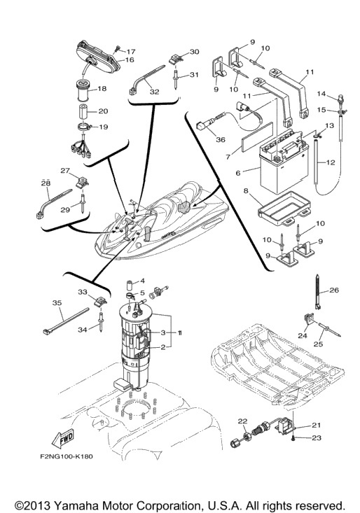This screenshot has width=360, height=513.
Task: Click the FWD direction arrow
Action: pos(63,439)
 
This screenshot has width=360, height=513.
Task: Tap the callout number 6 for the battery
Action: pos(238,172)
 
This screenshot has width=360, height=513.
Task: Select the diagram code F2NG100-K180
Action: pos(67,456)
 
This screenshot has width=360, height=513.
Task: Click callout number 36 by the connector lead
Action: pos(221,139)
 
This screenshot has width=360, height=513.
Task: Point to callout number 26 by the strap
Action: pos(334,290)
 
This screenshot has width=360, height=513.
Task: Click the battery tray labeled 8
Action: pos(285,208)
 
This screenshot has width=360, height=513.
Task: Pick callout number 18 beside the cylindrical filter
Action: pos(102,88)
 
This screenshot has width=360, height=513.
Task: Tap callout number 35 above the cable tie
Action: pos(57,303)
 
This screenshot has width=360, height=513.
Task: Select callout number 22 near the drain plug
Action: pos(242,421)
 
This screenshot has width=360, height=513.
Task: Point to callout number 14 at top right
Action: pos(321,94)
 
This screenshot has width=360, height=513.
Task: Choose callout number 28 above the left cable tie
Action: pos(46,183)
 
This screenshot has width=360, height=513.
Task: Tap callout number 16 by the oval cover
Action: pos(130,59)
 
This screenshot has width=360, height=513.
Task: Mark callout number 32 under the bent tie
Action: pos(154,92)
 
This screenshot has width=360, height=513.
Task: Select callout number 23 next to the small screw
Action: pos(317,437)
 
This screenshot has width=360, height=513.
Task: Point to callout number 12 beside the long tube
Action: pos(331,162)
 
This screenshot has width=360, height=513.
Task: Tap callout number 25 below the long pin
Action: pos(319,344)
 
